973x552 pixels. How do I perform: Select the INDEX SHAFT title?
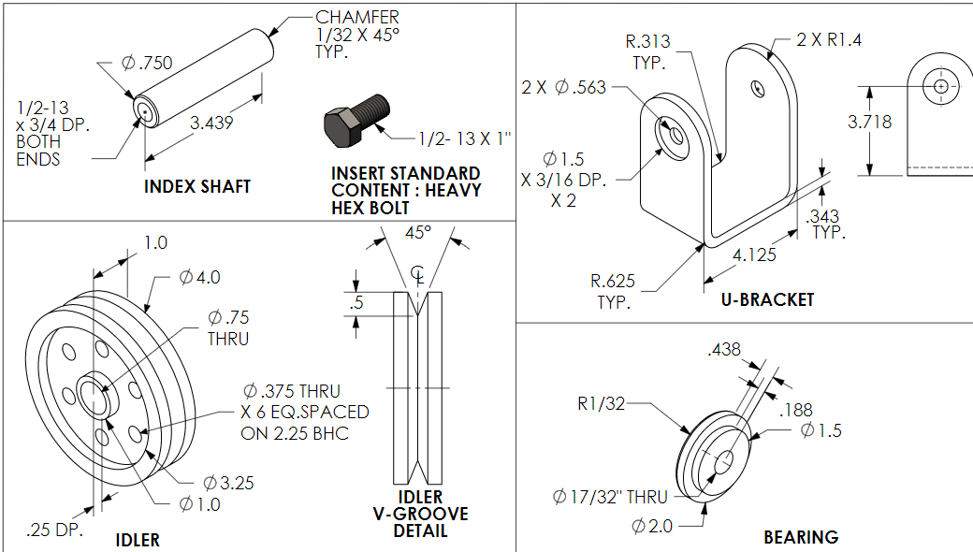197,186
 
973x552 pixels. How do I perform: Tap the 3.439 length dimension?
211,123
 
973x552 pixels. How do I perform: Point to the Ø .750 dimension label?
148,63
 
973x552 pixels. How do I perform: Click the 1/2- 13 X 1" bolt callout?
465,138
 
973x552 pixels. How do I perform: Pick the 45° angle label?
418,231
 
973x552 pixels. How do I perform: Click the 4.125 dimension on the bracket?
753,254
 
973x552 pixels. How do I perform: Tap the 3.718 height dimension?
869,122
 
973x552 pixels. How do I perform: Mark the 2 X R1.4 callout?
828,39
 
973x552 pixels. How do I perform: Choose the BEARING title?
801,536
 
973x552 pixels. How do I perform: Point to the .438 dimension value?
724,349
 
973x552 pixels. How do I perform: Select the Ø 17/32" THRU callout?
610,497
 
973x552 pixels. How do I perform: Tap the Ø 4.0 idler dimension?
199,277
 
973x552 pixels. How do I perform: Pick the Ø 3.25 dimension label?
228,483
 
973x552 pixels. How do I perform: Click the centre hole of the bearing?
726,461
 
